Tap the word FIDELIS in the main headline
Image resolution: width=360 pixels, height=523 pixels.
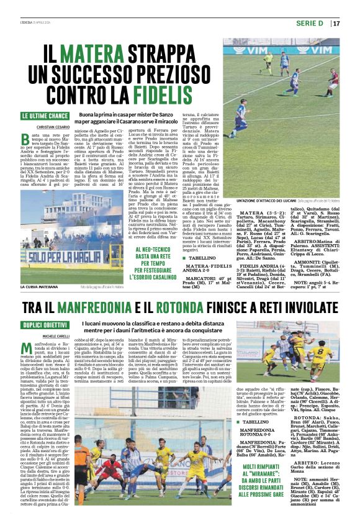pyautogui.click(x=167, y=94)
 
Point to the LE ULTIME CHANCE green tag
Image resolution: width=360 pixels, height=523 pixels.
pyautogui.click(x=45, y=116)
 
